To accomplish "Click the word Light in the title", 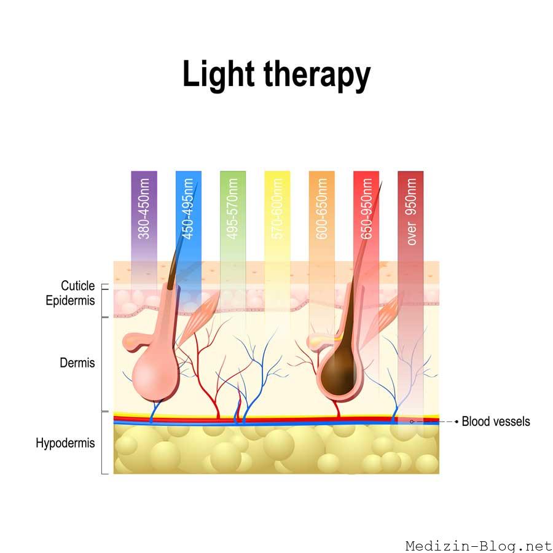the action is [x=218, y=75].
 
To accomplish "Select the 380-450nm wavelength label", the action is [x=144, y=209].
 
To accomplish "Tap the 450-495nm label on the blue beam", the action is [x=189, y=209].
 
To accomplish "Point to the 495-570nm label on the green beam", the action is [x=233, y=209].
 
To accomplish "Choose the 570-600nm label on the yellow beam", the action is [x=277, y=209].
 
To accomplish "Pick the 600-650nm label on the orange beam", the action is [x=321, y=209].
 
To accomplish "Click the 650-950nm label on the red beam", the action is [x=366, y=209].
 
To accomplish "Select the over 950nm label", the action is [x=410, y=211].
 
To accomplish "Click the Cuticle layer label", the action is [x=78, y=286].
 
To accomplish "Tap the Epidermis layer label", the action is [x=70, y=300].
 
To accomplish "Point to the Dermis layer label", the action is [x=77, y=363].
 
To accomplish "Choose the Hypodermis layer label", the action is [x=65, y=443].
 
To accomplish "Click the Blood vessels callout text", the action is [x=496, y=422].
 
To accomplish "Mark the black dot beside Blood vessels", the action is [x=457, y=422].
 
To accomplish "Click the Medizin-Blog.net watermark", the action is [x=479, y=546].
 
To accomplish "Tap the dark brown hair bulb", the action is [x=340, y=372].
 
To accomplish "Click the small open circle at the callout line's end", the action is [x=411, y=422].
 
